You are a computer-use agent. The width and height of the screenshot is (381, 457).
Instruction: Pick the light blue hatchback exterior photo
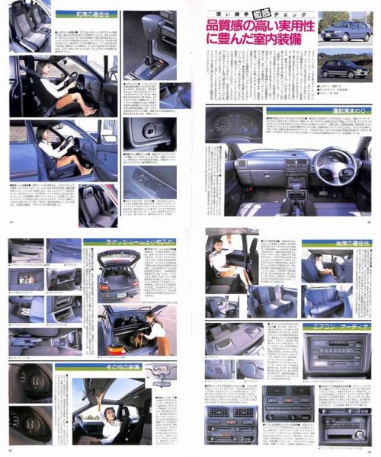point(346,30)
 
